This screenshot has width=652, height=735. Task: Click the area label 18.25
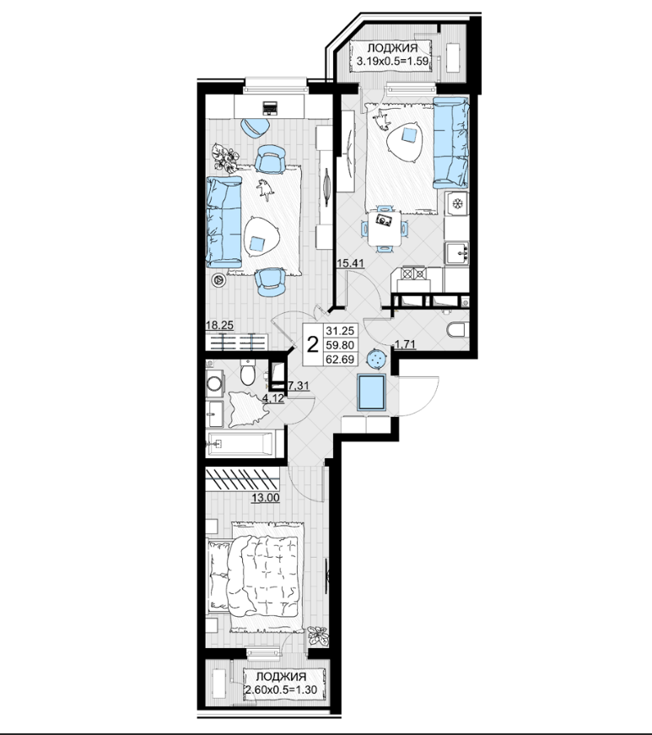219,326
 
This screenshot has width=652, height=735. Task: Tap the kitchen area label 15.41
351,263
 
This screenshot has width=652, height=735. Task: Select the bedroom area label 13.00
266,498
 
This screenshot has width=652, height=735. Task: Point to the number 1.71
405,345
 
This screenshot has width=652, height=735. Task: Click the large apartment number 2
313,344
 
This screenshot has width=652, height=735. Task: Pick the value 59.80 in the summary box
340,345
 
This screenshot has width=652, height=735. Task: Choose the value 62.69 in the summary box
340,359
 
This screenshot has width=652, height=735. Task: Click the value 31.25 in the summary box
340,331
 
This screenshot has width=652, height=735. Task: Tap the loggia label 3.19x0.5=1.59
392,61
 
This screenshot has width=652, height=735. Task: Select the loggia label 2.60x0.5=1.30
281,690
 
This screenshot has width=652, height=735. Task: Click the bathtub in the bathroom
240,444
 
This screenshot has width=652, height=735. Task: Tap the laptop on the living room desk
270,108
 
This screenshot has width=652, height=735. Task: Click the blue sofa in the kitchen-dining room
450,143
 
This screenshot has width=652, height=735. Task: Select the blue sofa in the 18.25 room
224,222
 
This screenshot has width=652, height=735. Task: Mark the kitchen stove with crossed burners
414,273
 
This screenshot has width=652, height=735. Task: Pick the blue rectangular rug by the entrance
371,392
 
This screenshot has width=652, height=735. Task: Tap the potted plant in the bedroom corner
318,636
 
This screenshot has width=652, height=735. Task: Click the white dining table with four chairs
384,229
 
